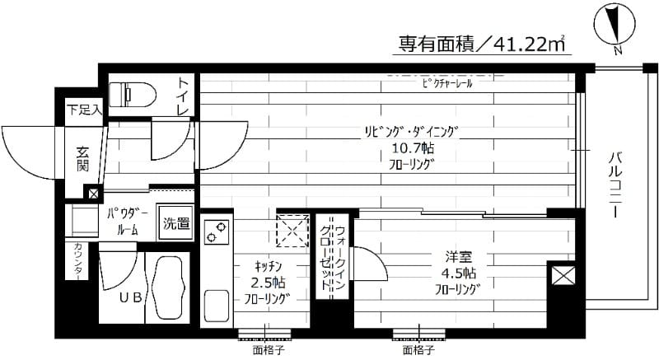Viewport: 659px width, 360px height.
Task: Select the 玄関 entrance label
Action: [84, 158]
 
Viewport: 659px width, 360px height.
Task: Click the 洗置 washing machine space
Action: [175, 222]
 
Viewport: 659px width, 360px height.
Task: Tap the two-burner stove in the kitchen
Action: [215, 232]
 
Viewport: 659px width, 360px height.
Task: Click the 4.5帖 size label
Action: [458, 273]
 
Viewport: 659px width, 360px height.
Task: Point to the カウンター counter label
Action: [78, 262]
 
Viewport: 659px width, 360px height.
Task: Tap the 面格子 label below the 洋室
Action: [418, 349]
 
